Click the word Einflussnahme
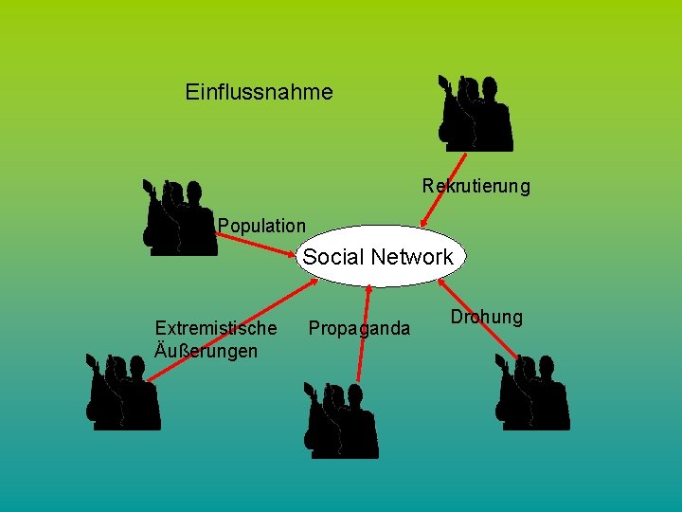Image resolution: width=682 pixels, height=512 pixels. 259,92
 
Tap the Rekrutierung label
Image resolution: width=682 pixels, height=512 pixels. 476,186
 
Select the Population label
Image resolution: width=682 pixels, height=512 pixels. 261,226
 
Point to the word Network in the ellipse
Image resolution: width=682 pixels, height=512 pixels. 412,257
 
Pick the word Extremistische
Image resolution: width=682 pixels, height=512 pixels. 216,328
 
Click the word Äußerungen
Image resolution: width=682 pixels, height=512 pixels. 206,351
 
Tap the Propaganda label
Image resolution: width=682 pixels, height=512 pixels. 359,328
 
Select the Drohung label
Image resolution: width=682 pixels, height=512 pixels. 486,317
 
